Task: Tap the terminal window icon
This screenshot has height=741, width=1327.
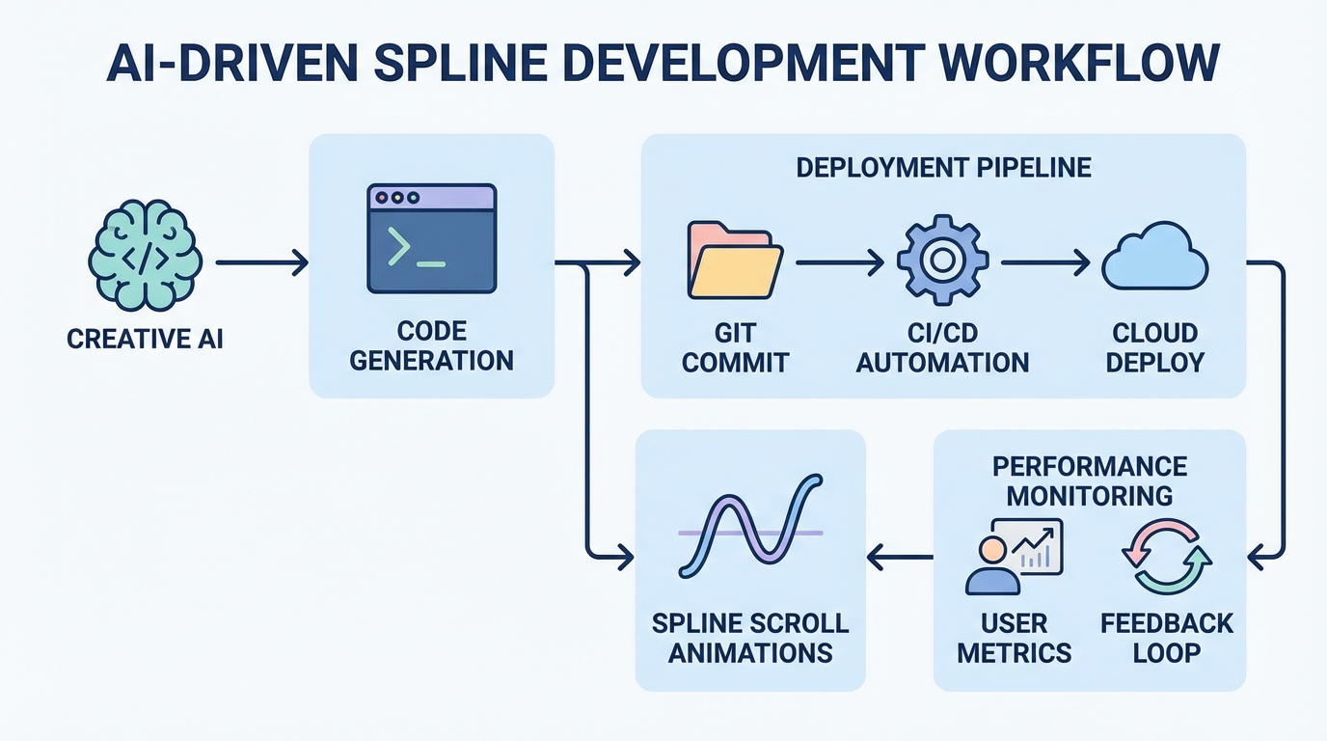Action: pyautogui.click(x=431, y=238)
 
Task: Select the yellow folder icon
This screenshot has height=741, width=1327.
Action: pyautogui.click(x=735, y=261)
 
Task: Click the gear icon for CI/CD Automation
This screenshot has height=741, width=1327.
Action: pyautogui.click(x=942, y=261)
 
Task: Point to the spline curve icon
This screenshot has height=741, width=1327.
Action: pyautogui.click(x=750, y=526)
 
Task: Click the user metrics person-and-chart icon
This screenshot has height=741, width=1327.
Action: pyautogui.click(x=1013, y=556)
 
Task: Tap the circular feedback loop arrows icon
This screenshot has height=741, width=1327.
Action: pyautogui.click(x=1167, y=557)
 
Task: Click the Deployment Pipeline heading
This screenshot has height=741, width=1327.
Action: pyautogui.click(x=943, y=167)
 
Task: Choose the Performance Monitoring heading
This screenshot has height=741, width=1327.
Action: pyautogui.click(x=1090, y=480)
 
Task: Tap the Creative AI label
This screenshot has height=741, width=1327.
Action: pyautogui.click(x=145, y=340)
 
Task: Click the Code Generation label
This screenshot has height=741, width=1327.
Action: pyautogui.click(x=431, y=346)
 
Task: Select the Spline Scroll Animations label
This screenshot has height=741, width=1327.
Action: pyautogui.click(x=750, y=637)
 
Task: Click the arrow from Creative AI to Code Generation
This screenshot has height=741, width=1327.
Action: pyautogui.click(x=260, y=261)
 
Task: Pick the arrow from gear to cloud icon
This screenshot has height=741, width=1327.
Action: pyautogui.click(x=1044, y=261)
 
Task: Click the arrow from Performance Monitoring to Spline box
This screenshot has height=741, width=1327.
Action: pyautogui.click(x=900, y=556)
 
